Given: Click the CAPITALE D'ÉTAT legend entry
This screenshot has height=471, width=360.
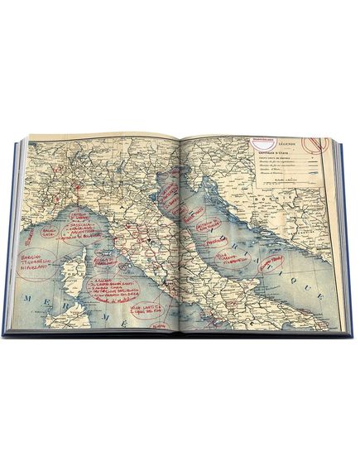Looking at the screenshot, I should pos(266,152).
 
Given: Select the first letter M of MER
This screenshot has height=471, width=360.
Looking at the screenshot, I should pos(29,296).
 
